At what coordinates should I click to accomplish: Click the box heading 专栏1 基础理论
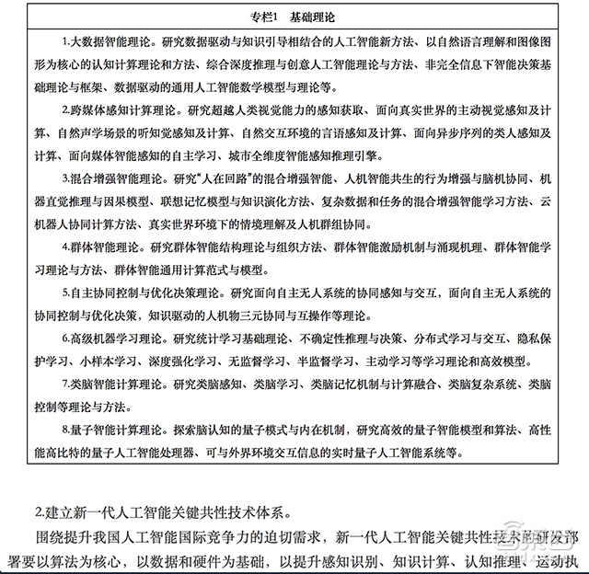coord(294,17)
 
